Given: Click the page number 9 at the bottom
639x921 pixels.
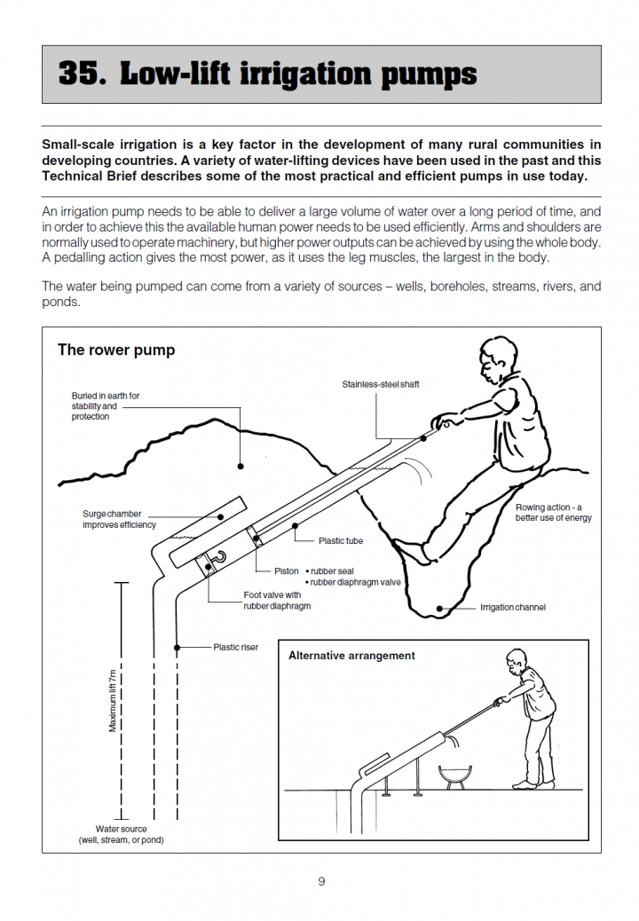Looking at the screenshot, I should click(321, 881).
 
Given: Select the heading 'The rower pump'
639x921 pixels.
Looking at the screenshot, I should click(116, 350).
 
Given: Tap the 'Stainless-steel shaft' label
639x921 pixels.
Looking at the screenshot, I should click(381, 384).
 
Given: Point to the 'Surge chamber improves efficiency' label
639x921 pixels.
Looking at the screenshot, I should click(119, 519).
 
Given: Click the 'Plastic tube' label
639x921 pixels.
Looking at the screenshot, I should click(341, 540).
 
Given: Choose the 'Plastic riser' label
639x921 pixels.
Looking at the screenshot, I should click(236, 648).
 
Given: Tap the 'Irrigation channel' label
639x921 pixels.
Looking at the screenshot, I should click(513, 608).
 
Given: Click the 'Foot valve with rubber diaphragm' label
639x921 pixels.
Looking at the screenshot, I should click(277, 601).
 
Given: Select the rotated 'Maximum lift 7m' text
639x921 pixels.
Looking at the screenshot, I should click(113, 701).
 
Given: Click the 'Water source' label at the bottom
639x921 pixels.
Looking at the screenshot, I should click(122, 834).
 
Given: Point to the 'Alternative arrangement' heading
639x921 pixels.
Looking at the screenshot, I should click(351, 656).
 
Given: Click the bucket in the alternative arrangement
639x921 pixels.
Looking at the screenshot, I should click(454, 775).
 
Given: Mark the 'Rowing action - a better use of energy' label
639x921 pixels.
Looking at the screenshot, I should click(554, 513).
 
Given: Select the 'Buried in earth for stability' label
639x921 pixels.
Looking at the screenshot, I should click(106, 406).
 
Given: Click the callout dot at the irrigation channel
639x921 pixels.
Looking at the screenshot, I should click(439, 608).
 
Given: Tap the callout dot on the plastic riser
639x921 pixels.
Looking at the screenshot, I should click(178, 648).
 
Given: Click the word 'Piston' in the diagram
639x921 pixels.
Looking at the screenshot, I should click(287, 571).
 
